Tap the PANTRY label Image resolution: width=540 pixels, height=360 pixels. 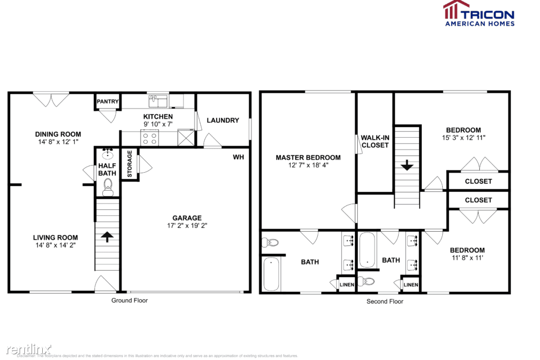[107, 102]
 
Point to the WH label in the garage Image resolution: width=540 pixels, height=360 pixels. [238, 157]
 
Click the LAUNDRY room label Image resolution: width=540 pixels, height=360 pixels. [223, 120]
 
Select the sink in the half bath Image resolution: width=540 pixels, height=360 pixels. [107, 154]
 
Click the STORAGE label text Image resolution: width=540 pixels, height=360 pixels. [129, 164]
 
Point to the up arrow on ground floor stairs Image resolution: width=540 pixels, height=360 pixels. [106, 237]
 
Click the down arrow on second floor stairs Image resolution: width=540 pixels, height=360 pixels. [407, 165]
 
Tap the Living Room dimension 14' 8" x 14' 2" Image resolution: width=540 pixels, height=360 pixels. [55, 245]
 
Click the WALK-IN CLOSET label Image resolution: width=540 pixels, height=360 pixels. [375, 141]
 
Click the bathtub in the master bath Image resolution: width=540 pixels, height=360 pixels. [271, 269]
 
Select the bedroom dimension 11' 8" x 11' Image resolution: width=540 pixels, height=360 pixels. [467, 258]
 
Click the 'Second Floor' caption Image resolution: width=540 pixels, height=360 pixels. [385, 301]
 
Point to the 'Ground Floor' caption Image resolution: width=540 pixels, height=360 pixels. [129, 300]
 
